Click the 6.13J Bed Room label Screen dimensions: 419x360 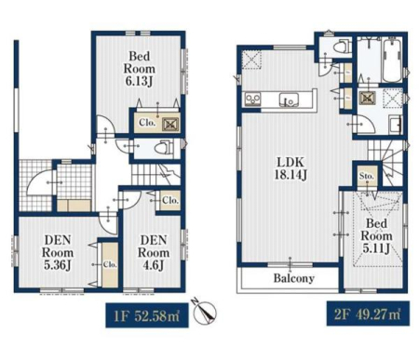click(x=140, y=69)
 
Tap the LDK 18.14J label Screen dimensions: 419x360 click(x=291, y=168)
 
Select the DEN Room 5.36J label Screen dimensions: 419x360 click(x=58, y=252)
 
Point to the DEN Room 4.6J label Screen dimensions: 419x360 click(x=154, y=252)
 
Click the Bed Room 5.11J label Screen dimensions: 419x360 click(x=376, y=236)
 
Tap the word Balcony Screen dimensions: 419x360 click(x=293, y=278)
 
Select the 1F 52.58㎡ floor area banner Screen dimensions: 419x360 click(x=147, y=315)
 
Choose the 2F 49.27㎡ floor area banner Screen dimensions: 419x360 click(x=368, y=313)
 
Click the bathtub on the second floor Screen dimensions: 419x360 click(x=392, y=60)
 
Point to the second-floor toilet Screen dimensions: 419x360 click(x=342, y=47)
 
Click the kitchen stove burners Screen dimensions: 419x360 click(x=252, y=99)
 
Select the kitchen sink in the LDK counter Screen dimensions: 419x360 click(x=289, y=100)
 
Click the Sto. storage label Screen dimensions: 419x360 click(x=367, y=176)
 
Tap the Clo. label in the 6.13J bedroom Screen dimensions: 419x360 click(x=147, y=123)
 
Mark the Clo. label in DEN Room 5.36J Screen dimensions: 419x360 click(x=110, y=265)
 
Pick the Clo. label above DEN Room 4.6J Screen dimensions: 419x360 click(x=170, y=200)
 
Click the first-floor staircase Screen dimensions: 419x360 click(x=155, y=175)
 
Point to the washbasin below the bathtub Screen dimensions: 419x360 click(x=395, y=124)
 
